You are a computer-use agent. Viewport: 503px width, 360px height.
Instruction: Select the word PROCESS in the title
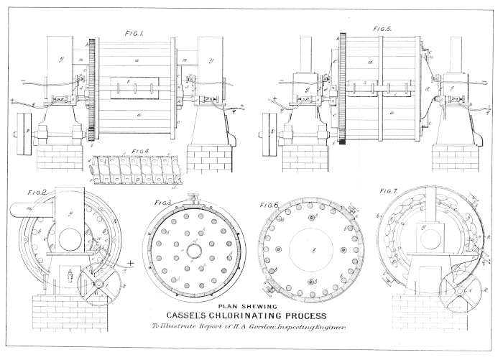(x=305, y=316)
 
